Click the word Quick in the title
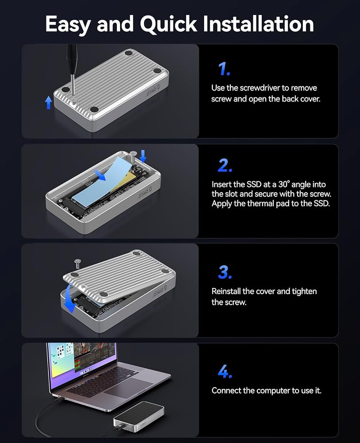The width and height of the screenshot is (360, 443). point(169,24)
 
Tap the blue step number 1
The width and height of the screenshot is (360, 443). point(224,69)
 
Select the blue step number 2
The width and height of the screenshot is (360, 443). point(225,165)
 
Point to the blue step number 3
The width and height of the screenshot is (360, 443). point(225,272)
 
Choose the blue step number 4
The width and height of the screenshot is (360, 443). point(225,371)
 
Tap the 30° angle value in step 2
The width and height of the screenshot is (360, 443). point(284,184)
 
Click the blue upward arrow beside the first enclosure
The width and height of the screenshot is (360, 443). point(49,102)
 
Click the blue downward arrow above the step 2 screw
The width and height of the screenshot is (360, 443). point(143,156)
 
